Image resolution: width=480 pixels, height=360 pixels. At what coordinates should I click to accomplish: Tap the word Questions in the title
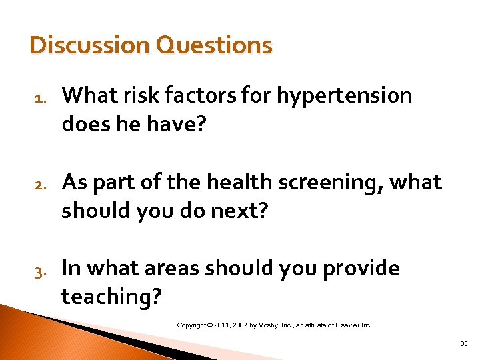click(x=214, y=45)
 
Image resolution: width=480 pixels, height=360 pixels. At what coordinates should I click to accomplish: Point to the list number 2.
click(x=39, y=185)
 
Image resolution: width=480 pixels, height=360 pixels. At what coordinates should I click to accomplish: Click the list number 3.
click(x=39, y=271)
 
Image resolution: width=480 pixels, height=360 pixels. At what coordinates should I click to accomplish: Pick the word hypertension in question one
click(x=345, y=97)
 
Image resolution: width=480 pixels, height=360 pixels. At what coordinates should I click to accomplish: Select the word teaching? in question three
click(x=111, y=297)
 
